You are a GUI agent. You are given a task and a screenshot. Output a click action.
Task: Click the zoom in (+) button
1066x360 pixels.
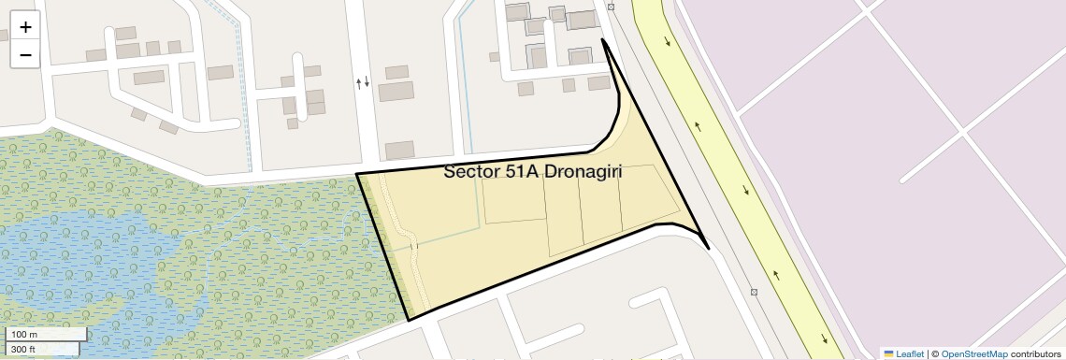pyautogui.click(x=25, y=27)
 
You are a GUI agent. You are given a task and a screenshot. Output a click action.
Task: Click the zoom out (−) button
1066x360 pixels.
pyautogui.click(x=25, y=54)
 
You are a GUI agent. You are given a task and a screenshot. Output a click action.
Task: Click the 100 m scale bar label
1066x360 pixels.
pyautogui.click(x=24, y=334)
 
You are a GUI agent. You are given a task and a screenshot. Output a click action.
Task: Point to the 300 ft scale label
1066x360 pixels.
pyautogui.click(x=24, y=349)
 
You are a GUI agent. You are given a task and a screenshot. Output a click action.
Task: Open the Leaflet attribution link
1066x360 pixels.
pyautogui.click(x=910, y=354)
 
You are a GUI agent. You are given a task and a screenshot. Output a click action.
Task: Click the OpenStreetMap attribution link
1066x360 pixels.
pyautogui.click(x=974, y=354)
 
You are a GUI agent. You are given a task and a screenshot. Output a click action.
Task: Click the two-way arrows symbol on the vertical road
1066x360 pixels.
pyautogui.click(x=363, y=82)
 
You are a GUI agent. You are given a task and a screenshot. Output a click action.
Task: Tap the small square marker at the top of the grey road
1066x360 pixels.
pyautogui.click(x=611, y=7)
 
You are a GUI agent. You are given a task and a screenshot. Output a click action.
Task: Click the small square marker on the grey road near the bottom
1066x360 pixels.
pyautogui.click(x=754, y=292)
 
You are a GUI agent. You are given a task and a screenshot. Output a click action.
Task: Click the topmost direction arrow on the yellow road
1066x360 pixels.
pyautogui.click(x=668, y=41)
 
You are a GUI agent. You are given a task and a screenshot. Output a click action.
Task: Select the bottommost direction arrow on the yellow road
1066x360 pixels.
pyautogui.click(x=824, y=338)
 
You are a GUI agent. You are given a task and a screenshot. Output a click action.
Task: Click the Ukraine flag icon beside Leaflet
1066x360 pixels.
pyautogui.click(x=888, y=354)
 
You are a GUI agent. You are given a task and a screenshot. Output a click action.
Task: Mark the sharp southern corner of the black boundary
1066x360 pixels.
pyautogui.click(x=410, y=320)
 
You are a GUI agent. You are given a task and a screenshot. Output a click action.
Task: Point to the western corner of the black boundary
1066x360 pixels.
pyautogui.click(x=357, y=174)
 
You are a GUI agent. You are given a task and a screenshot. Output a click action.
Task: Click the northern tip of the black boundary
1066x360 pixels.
pyautogui.click(x=603, y=40)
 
